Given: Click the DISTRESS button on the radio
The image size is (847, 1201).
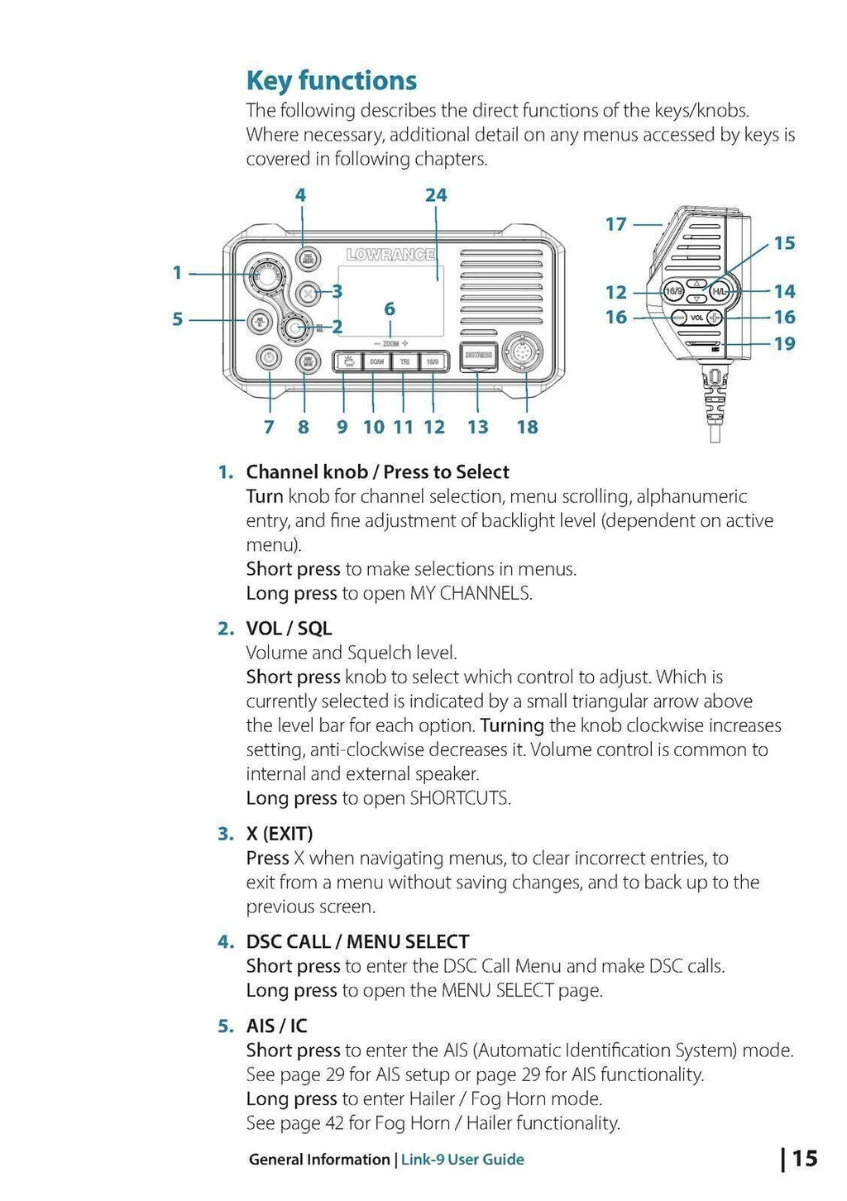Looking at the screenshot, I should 478,355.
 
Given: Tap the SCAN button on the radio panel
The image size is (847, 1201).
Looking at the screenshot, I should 376,361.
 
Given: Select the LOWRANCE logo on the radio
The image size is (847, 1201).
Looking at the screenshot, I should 390,255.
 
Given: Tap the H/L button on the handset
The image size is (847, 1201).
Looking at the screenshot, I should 720,292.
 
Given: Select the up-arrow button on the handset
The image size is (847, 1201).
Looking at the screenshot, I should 696,283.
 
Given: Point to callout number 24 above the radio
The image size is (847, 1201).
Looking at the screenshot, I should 436,195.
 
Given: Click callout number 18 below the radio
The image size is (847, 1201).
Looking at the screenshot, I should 527,427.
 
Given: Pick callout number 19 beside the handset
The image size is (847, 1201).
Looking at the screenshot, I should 784,343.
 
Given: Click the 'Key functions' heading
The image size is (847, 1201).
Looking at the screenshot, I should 331,81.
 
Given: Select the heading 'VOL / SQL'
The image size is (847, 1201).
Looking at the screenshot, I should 289,629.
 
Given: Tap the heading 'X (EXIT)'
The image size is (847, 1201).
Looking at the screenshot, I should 279,834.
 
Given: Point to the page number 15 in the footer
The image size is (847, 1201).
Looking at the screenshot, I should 804,1158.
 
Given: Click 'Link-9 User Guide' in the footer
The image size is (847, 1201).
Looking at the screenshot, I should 462,1160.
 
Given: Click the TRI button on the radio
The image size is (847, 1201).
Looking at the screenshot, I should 404,361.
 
